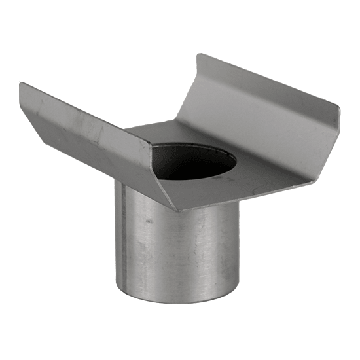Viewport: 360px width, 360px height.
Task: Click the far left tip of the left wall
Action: tap(20, 84)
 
